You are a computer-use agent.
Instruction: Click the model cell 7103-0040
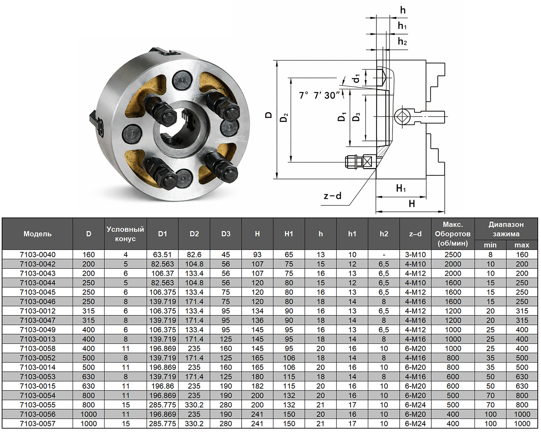(x=38, y=254)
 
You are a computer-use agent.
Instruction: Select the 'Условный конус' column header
(x=125, y=234)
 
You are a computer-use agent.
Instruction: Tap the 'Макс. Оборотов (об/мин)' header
(x=453, y=234)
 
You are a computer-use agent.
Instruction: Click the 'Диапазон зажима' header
(x=506, y=229)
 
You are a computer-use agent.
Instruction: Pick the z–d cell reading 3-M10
(x=415, y=254)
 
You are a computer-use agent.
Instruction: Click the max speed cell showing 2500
(x=453, y=254)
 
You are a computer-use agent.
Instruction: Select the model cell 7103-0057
(x=38, y=424)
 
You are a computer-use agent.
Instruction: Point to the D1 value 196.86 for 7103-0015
(x=162, y=386)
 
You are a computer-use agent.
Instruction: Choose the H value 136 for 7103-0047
(x=257, y=320)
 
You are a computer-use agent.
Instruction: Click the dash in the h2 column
(x=384, y=254)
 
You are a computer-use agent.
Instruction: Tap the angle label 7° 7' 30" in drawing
(x=319, y=95)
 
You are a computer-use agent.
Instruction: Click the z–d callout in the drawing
(x=332, y=196)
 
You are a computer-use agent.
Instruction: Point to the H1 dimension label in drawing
(x=401, y=188)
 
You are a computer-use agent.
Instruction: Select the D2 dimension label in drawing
(x=284, y=117)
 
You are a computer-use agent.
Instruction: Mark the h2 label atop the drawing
(x=402, y=42)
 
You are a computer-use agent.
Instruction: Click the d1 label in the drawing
(x=356, y=78)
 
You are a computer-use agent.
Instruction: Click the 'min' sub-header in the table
(x=490, y=245)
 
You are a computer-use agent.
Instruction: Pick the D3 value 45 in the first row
(x=226, y=254)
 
